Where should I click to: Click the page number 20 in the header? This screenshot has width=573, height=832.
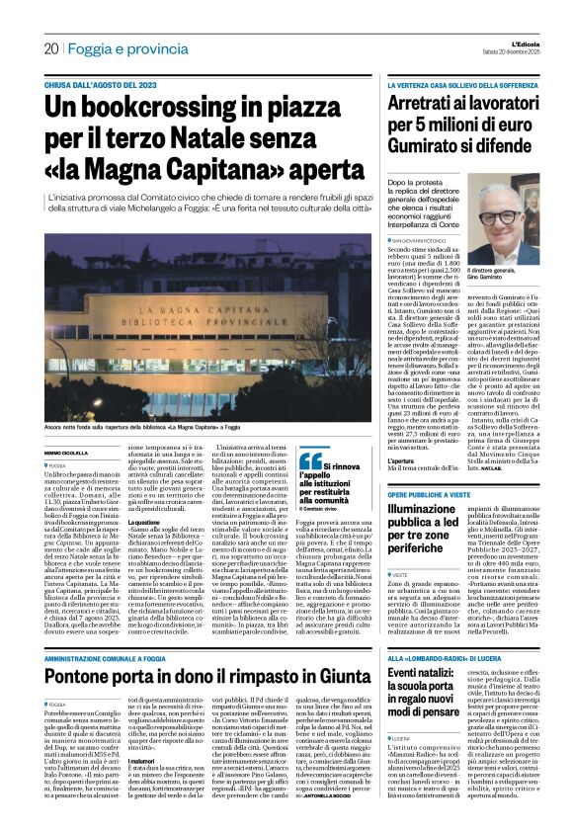click(x=50, y=47)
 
